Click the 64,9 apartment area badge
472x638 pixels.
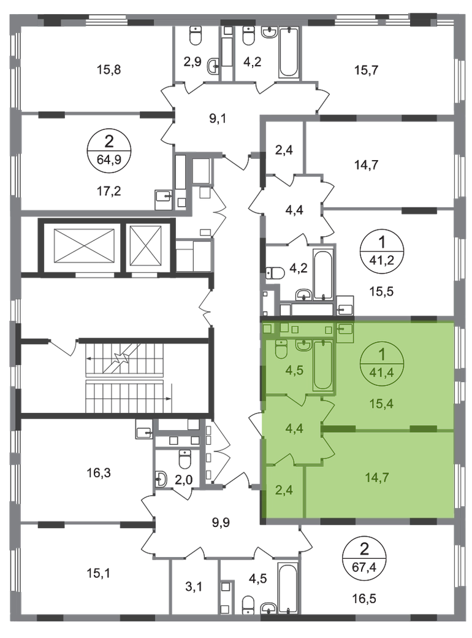[x=109, y=149]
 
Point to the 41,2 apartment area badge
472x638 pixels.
[x=382, y=250]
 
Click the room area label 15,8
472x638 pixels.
[x=109, y=69]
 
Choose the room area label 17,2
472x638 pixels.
[x=109, y=190]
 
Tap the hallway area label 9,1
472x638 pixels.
[x=218, y=119]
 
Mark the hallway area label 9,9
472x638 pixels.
[x=221, y=521]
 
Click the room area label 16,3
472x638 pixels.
[x=99, y=473]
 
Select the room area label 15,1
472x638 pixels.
[x=99, y=574]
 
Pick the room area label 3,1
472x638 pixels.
[x=194, y=586]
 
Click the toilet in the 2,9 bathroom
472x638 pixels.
[x=196, y=36]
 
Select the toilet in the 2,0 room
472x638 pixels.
[x=185, y=459]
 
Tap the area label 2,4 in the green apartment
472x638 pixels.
[x=284, y=490]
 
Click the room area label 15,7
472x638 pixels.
[x=367, y=70]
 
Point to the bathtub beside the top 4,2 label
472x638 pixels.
[x=289, y=52]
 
